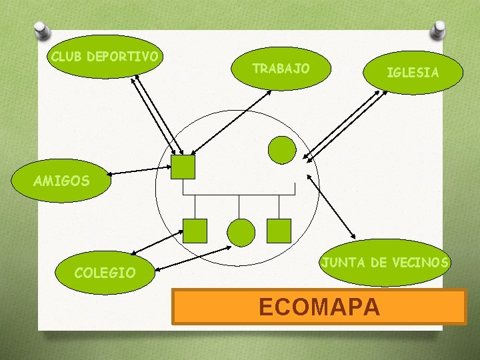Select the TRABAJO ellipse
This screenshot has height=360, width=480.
tap(280, 69)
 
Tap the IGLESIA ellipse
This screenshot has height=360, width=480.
tap(413, 73)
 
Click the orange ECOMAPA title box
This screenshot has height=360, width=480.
tap(319, 306)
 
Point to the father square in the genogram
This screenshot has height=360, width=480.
tap(183, 167)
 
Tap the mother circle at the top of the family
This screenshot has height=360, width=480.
tap(281, 150)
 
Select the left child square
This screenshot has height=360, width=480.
tap(195, 231)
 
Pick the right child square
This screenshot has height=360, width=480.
tap(279, 231)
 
